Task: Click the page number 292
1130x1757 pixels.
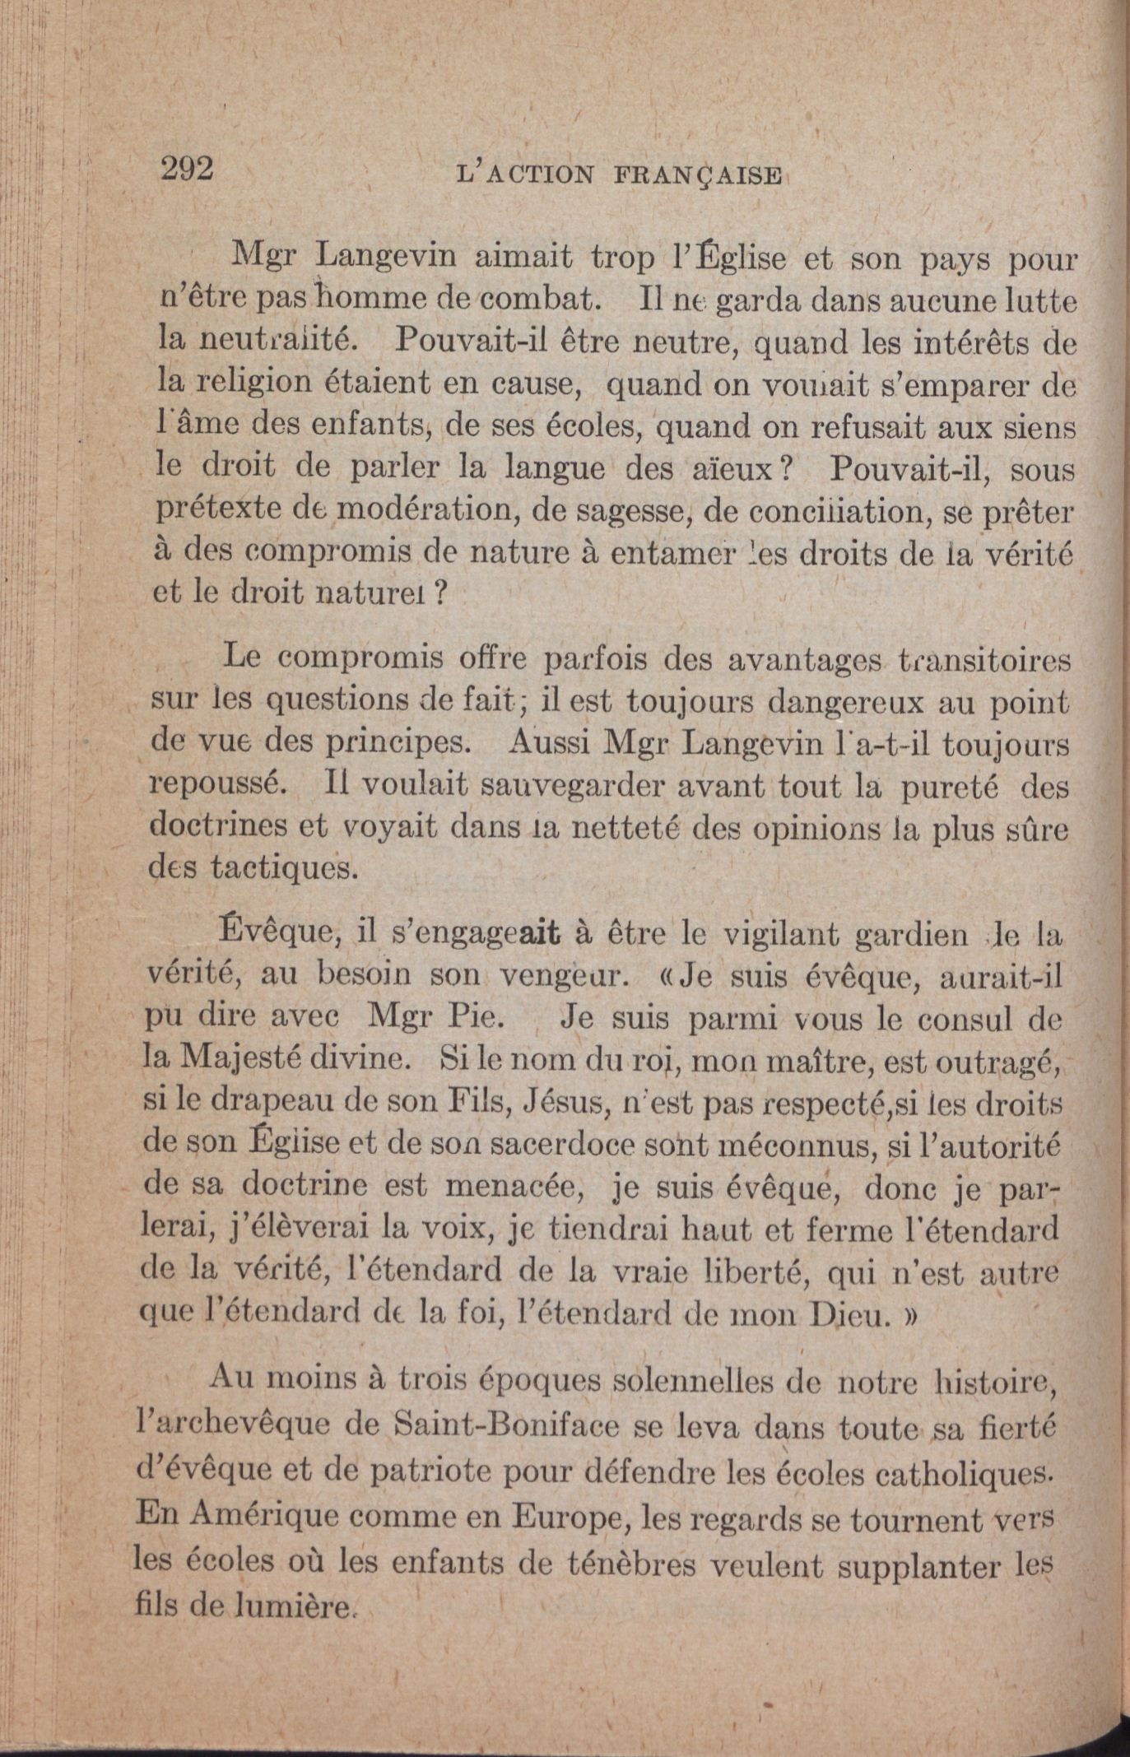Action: point(188,168)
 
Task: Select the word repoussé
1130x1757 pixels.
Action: point(218,784)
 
